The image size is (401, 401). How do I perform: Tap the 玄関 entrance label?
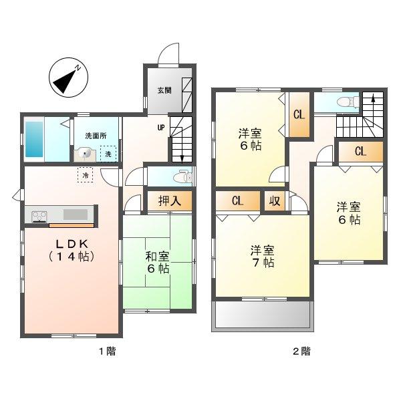[x=164, y=90]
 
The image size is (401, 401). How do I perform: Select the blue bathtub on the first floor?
[x=34, y=140]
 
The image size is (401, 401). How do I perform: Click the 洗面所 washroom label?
[x=95, y=136]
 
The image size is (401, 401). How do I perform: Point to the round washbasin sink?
[x=85, y=153]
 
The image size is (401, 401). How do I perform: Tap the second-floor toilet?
[x=344, y=102]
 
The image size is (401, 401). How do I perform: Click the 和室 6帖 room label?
[x=157, y=261]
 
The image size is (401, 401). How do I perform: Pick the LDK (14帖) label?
[x=70, y=249]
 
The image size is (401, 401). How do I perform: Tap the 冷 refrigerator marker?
[x=86, y=175]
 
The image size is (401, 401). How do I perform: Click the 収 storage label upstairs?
[x=274, y=200]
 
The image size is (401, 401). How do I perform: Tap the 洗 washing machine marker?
[x=110, y=154]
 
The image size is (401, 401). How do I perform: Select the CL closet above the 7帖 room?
[x=237, y=200]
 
